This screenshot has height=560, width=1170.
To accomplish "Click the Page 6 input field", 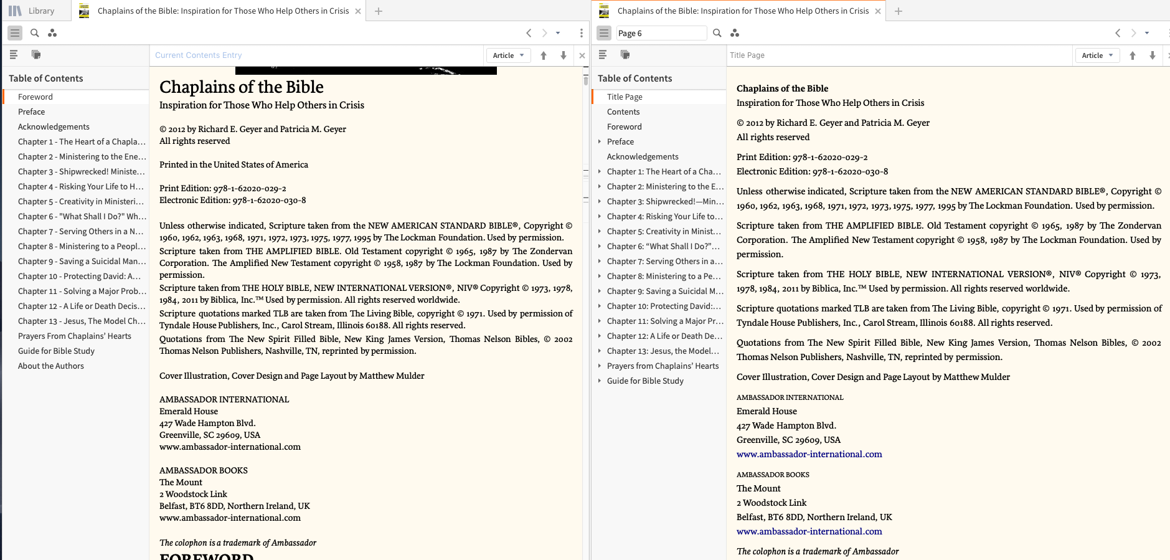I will point(661,33).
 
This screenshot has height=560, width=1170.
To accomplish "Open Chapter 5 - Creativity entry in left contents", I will point(80,201).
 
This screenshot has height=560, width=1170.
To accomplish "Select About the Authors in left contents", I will point(51,366).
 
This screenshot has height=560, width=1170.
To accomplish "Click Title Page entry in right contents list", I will point(625,97).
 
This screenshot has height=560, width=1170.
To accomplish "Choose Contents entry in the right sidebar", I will point(623,112).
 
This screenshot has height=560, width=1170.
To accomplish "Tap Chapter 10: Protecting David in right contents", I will point(663,306).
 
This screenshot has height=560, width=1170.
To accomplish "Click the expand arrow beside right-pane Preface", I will point(600,141).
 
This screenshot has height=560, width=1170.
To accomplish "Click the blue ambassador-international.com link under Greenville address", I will point(809,454).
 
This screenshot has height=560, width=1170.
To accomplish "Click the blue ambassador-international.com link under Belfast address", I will point(809,531).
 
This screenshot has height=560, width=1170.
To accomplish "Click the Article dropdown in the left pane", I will point(508,55).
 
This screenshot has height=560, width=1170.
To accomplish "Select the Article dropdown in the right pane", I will point(1097,55).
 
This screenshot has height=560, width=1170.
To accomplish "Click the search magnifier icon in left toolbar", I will point(35,33).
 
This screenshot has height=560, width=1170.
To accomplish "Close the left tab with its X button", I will point(358,11).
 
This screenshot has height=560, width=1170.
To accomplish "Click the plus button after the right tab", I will point(898,11).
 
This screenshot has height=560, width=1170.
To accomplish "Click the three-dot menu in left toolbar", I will point(581,33).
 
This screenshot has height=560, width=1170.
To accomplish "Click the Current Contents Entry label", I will point(198,55).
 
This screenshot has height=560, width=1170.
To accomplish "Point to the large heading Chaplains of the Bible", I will point(242,87).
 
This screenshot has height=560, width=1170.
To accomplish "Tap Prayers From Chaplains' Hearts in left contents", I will point(75,336).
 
